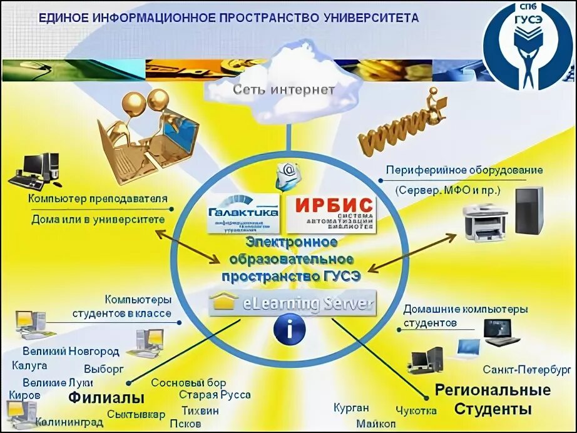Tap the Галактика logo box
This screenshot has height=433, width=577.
coord(244,213)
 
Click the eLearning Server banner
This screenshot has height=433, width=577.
coord(292,304)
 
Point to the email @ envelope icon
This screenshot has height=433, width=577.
coord(288,176)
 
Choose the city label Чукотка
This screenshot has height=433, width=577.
coord(417,410)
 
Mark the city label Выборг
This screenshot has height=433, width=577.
coord(104,369)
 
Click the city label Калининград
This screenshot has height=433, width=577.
coord(69,422)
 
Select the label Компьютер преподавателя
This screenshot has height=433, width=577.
coord(98,198)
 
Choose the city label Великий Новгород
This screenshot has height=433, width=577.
coord(71,350)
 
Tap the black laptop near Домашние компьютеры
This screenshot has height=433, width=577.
coord(501,332)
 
